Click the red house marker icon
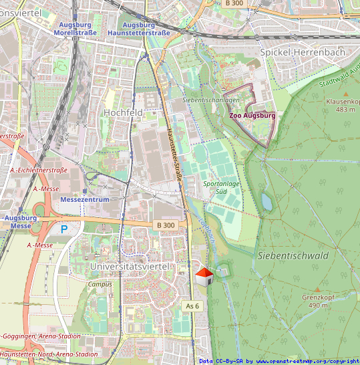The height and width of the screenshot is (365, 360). click(x=204, y=277)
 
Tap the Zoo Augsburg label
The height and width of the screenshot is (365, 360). click(x=252, y=115)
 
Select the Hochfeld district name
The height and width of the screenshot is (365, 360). click(x=123, y=113)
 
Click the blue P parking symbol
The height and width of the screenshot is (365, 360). click(x=65, y=229)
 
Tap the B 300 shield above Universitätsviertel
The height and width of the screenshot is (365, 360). click(x=164, y=225)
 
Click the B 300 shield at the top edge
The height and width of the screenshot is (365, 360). click(x=234, y=3)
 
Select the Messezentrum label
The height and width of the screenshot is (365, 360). click(x=84, y=199)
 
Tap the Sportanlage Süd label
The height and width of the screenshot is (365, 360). click(x=221, y=187)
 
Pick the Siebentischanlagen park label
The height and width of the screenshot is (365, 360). click(x=210, y=100)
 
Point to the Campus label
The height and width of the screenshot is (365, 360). click(x=100, y=283)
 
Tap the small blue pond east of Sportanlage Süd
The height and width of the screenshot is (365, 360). click(x=267, y=201)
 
